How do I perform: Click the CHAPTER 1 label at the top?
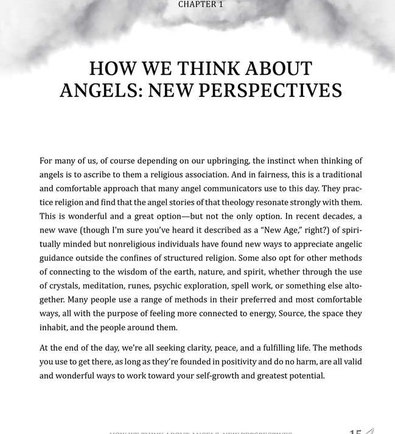[x=196, y=5]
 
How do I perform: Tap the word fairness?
[x=237, y=175]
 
